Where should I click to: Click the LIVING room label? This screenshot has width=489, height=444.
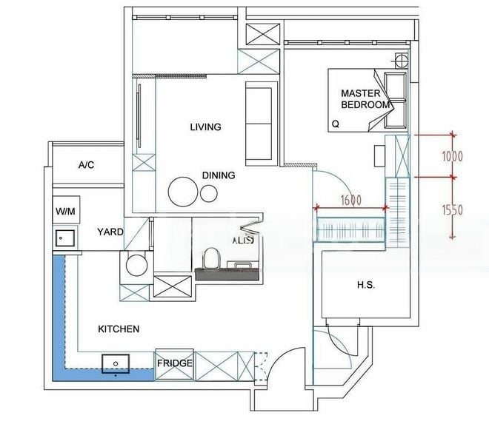point(205,127)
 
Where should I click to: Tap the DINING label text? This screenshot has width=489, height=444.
point(219,175)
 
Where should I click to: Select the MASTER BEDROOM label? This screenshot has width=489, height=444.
point(365,99)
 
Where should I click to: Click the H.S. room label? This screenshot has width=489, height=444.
point(365,285)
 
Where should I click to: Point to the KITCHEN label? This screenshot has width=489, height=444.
point(119,329)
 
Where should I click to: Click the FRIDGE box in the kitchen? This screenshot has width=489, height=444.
point(175,363)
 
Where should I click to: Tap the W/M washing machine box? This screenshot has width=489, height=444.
point(65,212)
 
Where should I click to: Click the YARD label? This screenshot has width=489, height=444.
point(110,232)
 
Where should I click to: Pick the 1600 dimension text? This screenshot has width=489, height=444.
point(352,200)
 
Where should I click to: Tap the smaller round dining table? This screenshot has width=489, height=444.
point(210,193)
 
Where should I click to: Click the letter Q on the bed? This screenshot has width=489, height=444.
point(336,124)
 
